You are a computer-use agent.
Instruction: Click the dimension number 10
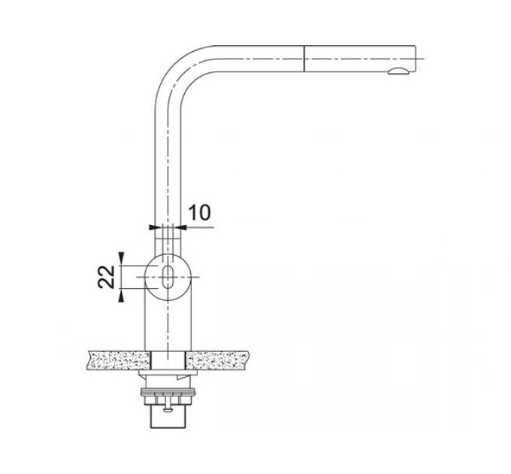[x=198, y=212]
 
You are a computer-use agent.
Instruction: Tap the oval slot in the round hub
[x=168, y=276]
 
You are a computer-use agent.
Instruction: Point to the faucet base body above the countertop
[x=167, y=324]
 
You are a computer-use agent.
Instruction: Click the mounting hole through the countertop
[x=167, y=360]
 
